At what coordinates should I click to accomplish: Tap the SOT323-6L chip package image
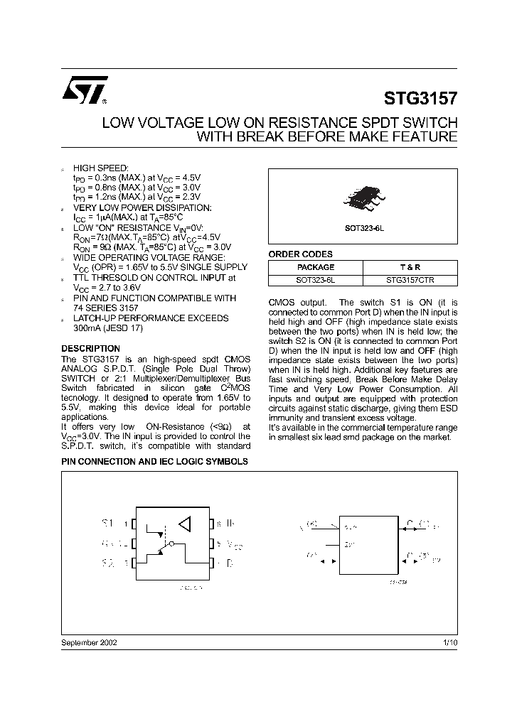pyautogui.click(x=362, y=196)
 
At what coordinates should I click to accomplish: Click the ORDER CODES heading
pyautogui.click(x=300, y=254)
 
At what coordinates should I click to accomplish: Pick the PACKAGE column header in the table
pyautogui.click(x=315, y=267)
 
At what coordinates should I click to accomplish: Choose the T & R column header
pyautogui.click(x=410, y=267)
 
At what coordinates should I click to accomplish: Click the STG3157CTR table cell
pyautogui.click(x=410, y=280)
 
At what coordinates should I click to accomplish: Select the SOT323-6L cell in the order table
pyautogui.click(x=315, y=280)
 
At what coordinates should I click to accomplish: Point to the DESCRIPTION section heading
pyautogui.click(x=90, y=349)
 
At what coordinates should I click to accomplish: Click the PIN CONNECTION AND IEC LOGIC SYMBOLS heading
pyautogui.click(x=154, y=461)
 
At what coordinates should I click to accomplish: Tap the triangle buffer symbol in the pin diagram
pyautogui.click(x=185, y=524)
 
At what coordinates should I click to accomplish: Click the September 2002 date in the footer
pyautogui.click(x=90, y=642)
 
